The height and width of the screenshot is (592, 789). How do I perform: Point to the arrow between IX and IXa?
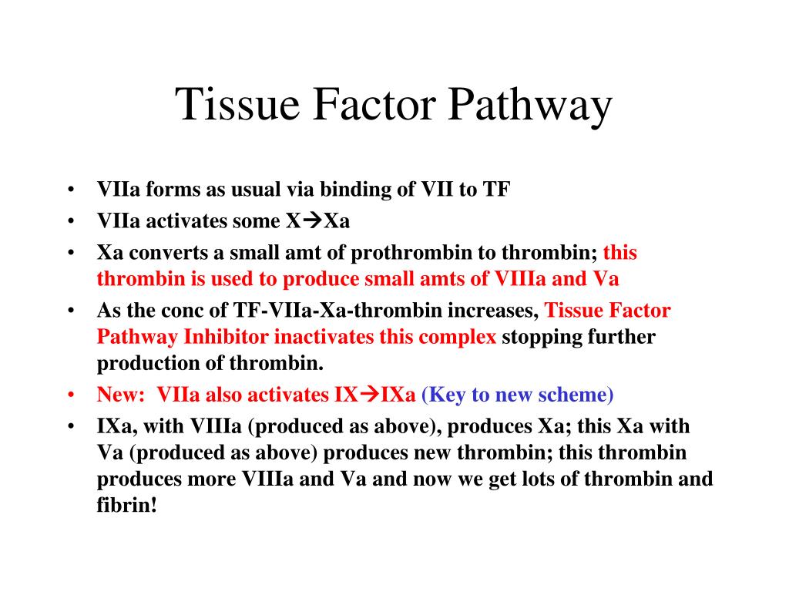[x=370, y=395]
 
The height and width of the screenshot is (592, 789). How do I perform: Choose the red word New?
[x=121, y=395]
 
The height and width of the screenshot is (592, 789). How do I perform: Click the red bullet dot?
[x=71, y=395]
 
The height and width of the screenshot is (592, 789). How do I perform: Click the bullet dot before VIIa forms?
[x=71, y=190]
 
